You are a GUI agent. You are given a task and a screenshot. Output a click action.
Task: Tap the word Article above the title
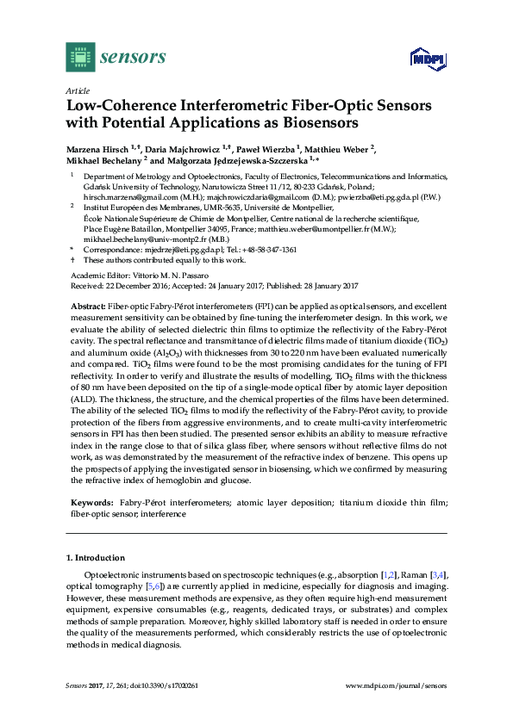pyautogui.click(x=78, y=90)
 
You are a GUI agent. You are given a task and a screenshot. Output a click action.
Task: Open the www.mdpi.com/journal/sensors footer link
pyautogui.click(x=397, y=685)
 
